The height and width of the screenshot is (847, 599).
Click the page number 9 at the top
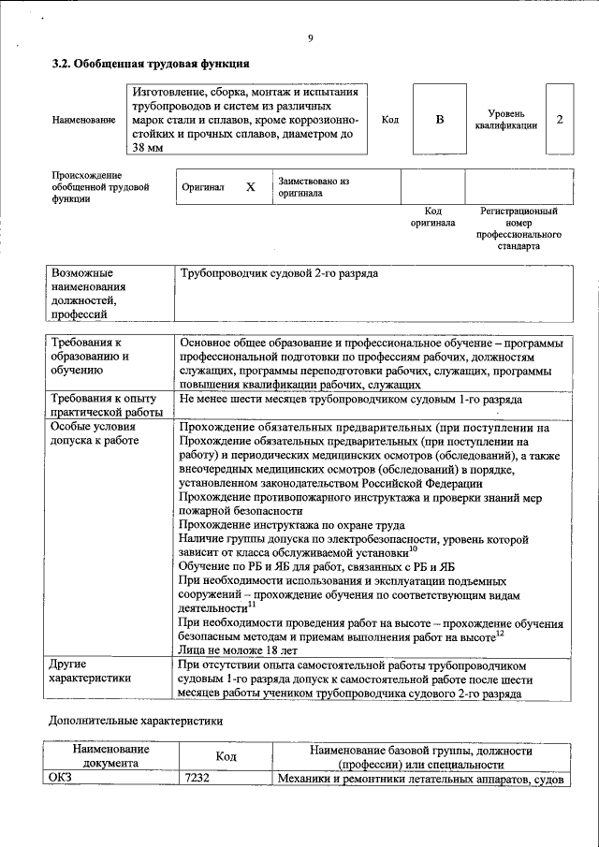(x=309, y=38)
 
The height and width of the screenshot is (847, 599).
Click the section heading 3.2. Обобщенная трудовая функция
(x=150, y=66)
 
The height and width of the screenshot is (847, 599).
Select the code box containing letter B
(x=439, y=120)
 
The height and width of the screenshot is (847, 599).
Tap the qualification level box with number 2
(x=559, y=120)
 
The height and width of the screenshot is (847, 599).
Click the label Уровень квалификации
(x=505, y=119)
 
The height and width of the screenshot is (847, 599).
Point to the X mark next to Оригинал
(x=250, y=187)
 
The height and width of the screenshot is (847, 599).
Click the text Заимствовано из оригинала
(x=313, y=186)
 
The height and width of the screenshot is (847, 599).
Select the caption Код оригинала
(x=432, y=217)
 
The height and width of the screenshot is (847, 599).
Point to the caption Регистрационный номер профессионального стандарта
(x=519, y=230)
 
